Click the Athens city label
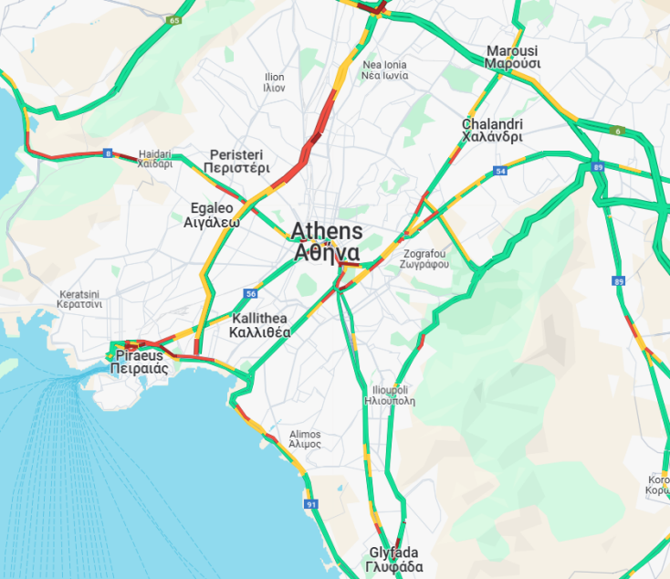click(x=327, y=242)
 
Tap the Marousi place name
click(x=512, y=58)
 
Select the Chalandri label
click(x=492, y=131)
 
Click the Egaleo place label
click(x=211, y=215)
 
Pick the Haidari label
click(x=154, y=160)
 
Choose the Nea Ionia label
click(x=384, y=70)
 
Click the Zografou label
click(x=424, y=258)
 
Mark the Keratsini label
click(x=79, y=299)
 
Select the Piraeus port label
click(x=138, y=363)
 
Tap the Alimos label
click(x=305, y=439)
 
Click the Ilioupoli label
click(x=390, y=395)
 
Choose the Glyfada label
click(x=396, y=560)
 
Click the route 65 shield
click(x=174, y=19)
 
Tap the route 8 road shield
click(x=108, y=153)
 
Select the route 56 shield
click(x=250, y=293)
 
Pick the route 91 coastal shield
click(x=311, y=504)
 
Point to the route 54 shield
click(x=500, y=171)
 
